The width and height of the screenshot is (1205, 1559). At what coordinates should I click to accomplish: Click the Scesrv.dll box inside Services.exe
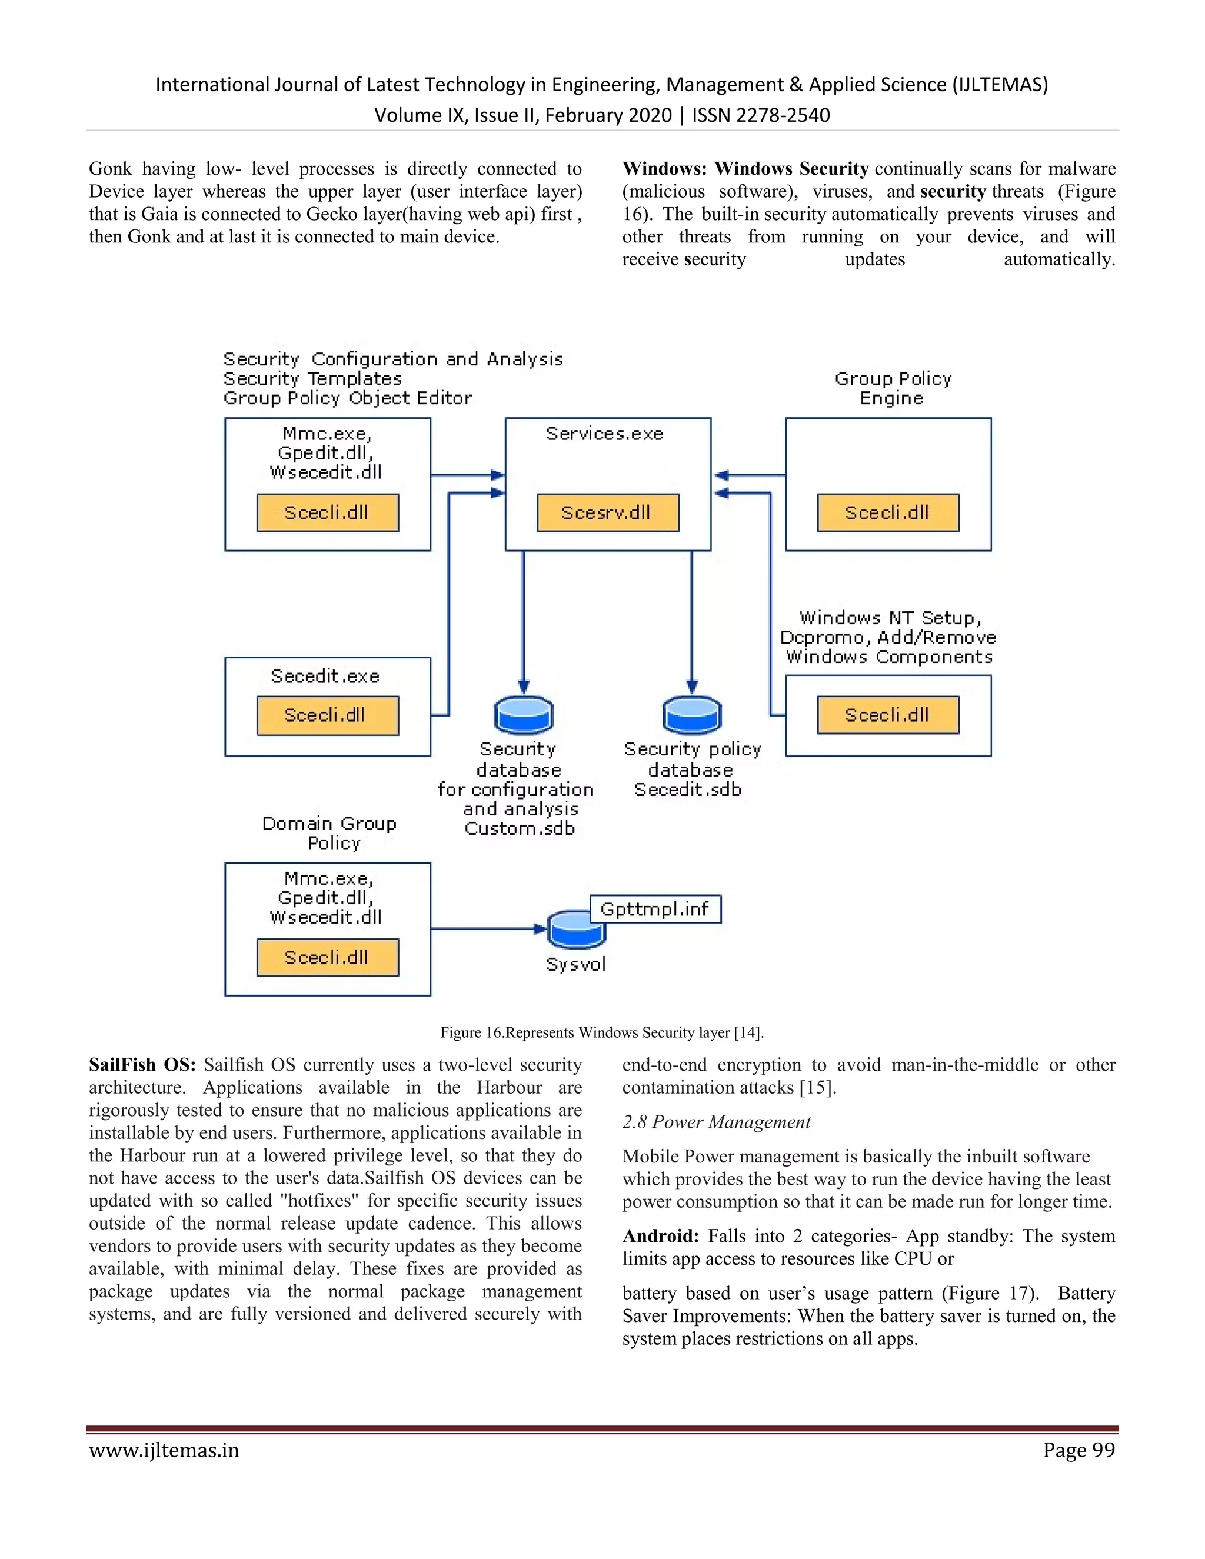click(607, 512)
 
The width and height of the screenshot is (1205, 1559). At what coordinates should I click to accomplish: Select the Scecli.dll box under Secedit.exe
click(327, 715)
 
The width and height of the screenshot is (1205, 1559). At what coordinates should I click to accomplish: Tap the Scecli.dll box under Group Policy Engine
click(887, 512)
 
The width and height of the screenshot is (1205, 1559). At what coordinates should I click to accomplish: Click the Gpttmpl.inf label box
click(655, 909)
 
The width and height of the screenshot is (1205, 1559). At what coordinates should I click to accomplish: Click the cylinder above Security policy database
click(691, 715)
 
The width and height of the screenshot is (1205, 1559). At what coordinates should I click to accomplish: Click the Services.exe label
click(605, 434)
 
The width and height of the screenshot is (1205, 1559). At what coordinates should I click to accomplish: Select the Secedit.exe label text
click(325, 676)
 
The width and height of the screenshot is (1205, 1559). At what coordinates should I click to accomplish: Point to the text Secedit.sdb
click(687, 790)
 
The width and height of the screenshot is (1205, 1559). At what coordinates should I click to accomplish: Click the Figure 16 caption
click(602, 1032)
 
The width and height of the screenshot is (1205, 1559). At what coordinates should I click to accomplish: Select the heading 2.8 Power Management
click(716, 1122)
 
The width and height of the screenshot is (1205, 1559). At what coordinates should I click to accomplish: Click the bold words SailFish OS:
click(142, 1064)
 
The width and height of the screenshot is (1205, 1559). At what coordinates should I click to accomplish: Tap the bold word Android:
click(660, 1237)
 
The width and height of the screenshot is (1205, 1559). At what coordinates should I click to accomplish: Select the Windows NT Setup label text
click(890, 618)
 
